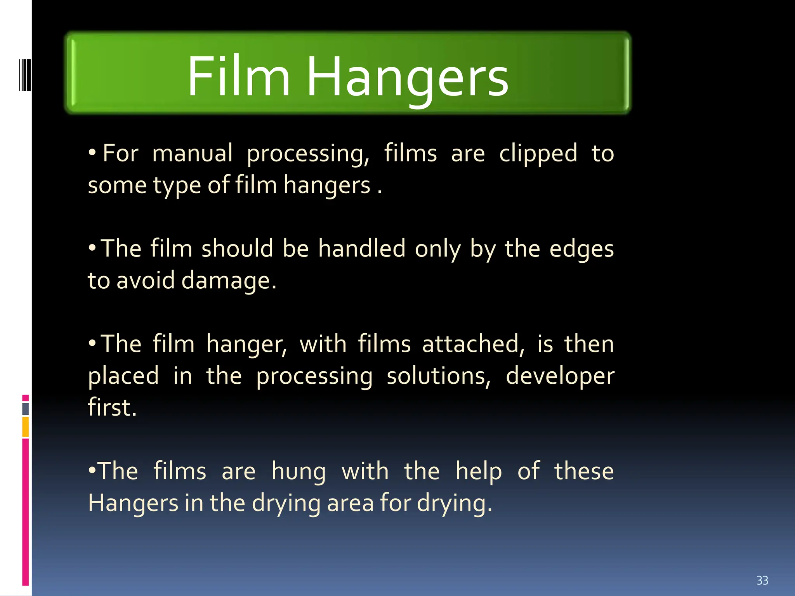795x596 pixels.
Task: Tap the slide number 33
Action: point(762,580)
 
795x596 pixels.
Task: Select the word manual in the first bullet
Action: point(193,153)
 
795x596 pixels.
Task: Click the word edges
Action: point(581,249)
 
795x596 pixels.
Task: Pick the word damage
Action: point(229,281)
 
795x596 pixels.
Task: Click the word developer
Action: point(560,377)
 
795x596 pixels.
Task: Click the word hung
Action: point(299,472)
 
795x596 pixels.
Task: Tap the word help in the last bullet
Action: point(479,472)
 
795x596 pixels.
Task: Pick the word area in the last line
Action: point(351,503)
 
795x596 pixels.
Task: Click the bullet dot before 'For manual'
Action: point(92,152)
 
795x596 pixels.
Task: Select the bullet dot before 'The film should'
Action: point(92,247)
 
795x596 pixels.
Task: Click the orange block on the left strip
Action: point(26,426)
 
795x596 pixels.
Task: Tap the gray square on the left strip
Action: point(26,409)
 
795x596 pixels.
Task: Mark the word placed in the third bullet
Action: point(123,377)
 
